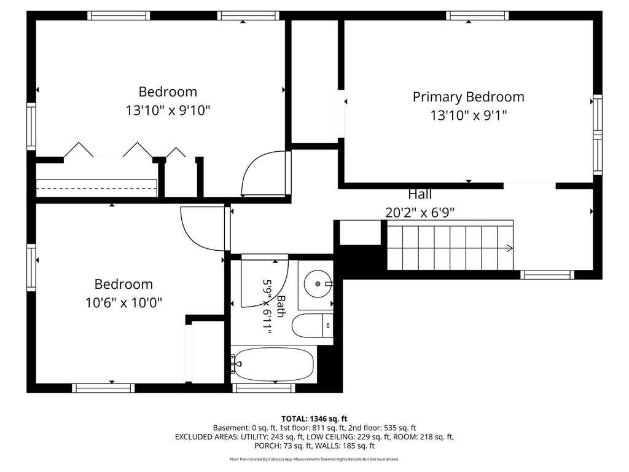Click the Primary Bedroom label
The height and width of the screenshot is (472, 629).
[468, 97]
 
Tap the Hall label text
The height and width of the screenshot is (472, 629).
[420, 194]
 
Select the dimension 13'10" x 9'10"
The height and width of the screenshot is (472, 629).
[168, 110]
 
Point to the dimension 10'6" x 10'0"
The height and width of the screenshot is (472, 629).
[123, 302]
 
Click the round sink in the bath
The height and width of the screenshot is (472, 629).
[318, 284]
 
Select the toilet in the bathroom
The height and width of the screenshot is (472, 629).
[313, 326]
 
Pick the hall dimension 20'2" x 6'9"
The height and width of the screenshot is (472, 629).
[420, 212]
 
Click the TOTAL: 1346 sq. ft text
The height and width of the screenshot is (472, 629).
[314, 419]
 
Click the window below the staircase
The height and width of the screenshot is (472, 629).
[547, 275]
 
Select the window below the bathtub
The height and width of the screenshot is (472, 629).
[264, 388]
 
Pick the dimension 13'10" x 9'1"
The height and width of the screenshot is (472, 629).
[469, 116]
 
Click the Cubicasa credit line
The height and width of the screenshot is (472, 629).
[314, 459]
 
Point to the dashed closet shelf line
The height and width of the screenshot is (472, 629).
[96, 188]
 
